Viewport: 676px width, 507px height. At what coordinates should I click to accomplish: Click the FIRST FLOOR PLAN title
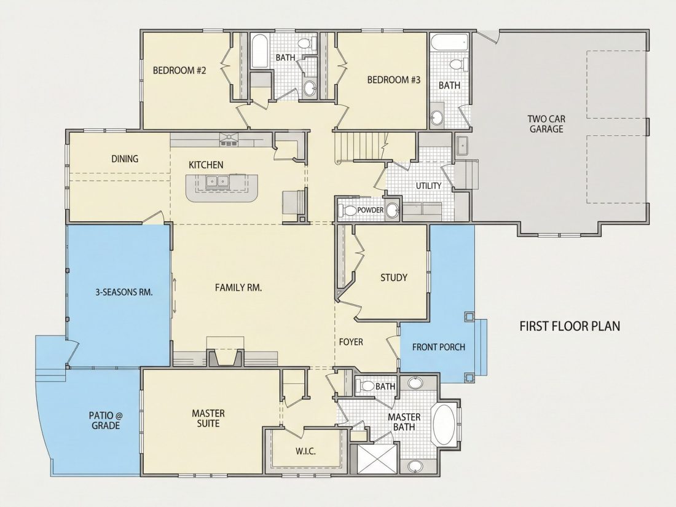570,326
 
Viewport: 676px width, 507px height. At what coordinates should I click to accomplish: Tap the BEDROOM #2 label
179,70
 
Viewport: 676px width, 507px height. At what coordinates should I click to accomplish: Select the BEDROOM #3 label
393,80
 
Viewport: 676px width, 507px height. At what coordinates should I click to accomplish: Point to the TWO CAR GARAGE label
547,124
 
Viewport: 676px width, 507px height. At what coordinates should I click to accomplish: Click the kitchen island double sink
218,181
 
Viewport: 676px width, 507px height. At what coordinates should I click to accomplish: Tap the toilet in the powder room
347,210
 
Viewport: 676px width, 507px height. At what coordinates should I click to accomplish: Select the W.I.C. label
305,452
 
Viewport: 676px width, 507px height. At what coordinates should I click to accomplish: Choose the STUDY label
393,278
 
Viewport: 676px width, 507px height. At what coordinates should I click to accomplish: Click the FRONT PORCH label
438,347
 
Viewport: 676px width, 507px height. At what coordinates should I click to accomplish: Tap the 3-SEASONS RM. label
124,292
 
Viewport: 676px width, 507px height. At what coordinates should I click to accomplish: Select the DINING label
125,159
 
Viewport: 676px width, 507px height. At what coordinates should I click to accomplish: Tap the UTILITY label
428,186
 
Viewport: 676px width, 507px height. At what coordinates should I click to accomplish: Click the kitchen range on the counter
229,140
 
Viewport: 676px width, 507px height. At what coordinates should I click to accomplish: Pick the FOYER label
351,342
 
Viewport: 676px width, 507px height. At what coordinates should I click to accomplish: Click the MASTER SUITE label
208,418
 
